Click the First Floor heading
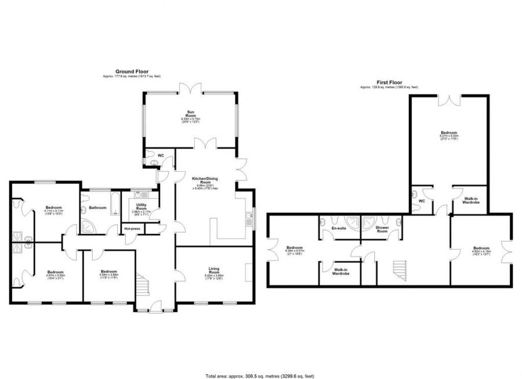tap(389, 82)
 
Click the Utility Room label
tap(142, 207)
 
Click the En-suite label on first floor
tap(339, 229)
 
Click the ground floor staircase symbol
tap(143, 284)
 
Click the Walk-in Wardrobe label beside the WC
tap(470, 200)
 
